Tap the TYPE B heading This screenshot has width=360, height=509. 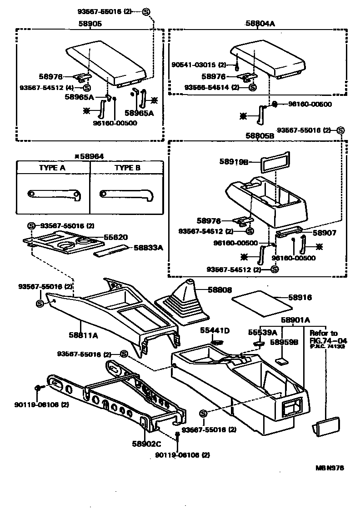pos(127,168)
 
